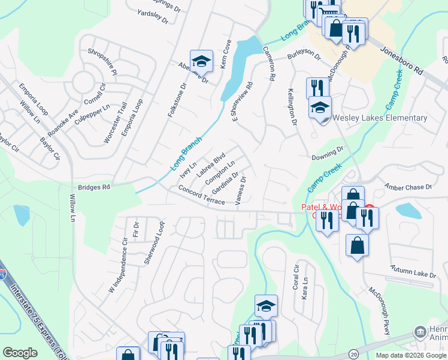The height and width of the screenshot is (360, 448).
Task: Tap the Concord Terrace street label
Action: pyautogui.click(x=201, y=195)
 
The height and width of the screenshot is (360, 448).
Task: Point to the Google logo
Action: pyautogui.click(x=20, y=353)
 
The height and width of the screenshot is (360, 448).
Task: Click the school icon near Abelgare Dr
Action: pyautogui.click(x=201, y=61)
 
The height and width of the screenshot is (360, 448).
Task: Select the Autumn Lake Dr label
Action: pyautogui.click(x=413, y=271)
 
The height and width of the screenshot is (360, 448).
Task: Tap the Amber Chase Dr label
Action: pyautogui.click(x=408, y=187)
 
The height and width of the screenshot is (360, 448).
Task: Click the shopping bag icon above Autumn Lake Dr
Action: pyautogui.click(x=357, y=245)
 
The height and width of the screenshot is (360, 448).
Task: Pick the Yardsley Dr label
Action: pyautogui.click(x=152, y=14)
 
